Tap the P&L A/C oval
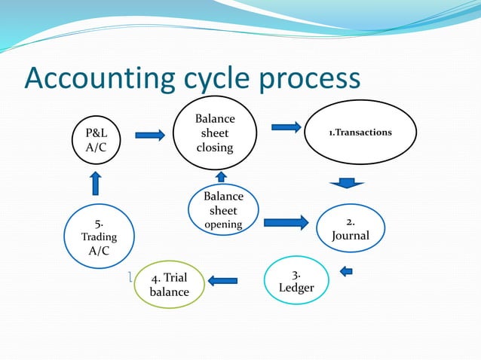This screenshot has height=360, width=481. (x=97, y=139)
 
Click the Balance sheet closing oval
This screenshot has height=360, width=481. (x=215, y=133)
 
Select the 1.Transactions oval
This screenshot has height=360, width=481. (x=360, y=133)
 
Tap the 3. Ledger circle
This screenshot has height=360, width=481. (x=296, y=281)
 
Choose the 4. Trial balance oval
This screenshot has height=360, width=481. (x=170, y=285)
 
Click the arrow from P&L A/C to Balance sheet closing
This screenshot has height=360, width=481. (x=152, y=136)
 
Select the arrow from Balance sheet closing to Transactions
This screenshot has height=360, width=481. (x=286, y=127)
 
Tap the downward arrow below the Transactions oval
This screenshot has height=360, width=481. (x=347, y=182)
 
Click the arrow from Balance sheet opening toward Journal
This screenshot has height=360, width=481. (x=286, y=222)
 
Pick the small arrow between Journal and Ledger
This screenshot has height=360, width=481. (x=346, y=271)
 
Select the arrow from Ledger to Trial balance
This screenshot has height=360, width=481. (x=222, y=281)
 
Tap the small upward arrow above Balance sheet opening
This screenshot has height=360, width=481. (x=222, y=176)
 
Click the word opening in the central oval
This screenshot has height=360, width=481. (x=224, y=224)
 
